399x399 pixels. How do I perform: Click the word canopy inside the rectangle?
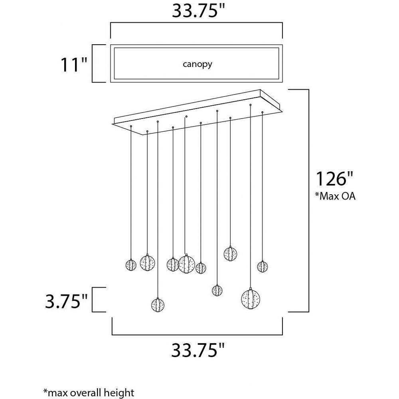click(x=197, y=64)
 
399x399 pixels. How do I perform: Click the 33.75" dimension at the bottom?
click(x=198, y=350)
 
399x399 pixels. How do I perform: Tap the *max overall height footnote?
click(x=89, y=393)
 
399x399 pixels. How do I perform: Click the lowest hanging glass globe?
click(x=158, y=304)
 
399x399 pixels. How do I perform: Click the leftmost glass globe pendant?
click(x=131, y=265)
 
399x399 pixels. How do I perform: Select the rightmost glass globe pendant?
click(x=263, y=266)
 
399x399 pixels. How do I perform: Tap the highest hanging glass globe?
click(x=230, y=254)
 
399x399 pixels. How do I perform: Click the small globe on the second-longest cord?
click(x=217, y=290)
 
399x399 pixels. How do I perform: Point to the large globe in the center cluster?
click(x=186, y=264)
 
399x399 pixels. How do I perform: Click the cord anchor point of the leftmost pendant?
click(x=131, y=126)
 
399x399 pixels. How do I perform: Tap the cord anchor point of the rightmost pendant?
click(x=263, y=112)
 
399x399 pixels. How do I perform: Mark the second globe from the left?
click(x=147, y=263)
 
